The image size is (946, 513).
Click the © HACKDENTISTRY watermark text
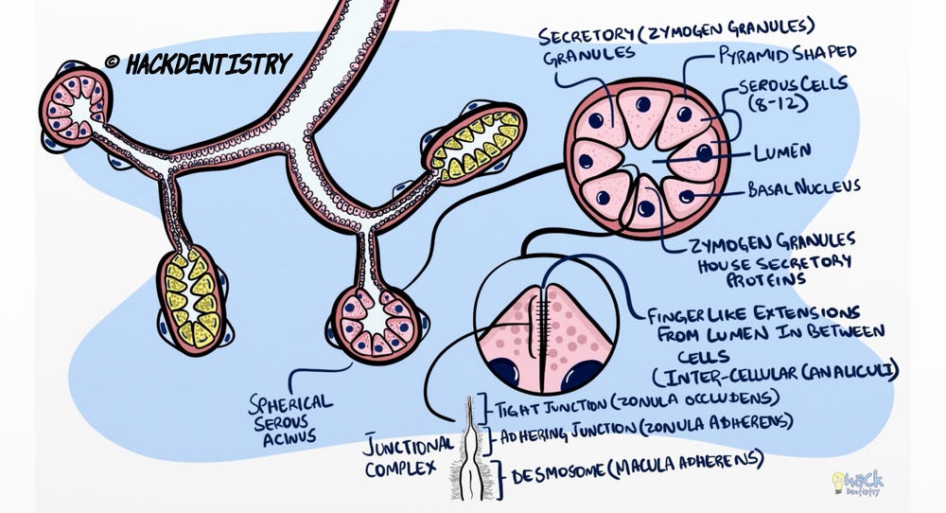(198, 63)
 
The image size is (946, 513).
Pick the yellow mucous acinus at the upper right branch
(474, 141)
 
